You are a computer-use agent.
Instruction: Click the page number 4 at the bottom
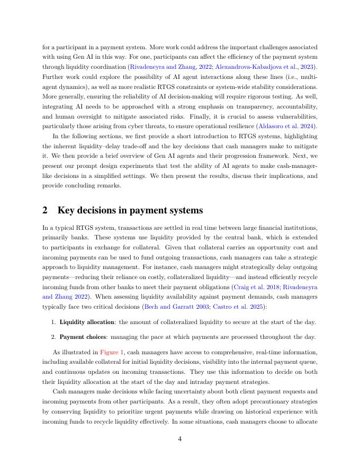pos(179,438)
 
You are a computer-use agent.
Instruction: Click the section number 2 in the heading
pos(46,210)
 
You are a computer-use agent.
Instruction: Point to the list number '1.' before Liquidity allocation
pos(54,322)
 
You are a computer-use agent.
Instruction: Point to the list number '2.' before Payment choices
pos(54,337)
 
